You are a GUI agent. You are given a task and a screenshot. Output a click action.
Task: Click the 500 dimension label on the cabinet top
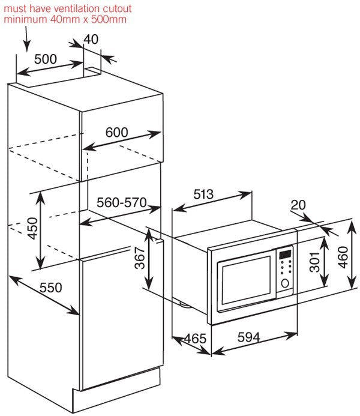45,59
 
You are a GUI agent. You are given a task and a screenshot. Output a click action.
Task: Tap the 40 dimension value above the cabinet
91,39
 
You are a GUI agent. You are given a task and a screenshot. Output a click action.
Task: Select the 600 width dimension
117,133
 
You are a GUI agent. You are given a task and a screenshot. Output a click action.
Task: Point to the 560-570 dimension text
122,203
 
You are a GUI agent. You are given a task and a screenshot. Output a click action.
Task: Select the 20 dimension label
298,205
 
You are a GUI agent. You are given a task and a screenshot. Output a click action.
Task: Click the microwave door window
246,280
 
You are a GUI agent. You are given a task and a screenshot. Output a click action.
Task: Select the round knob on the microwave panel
286,283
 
